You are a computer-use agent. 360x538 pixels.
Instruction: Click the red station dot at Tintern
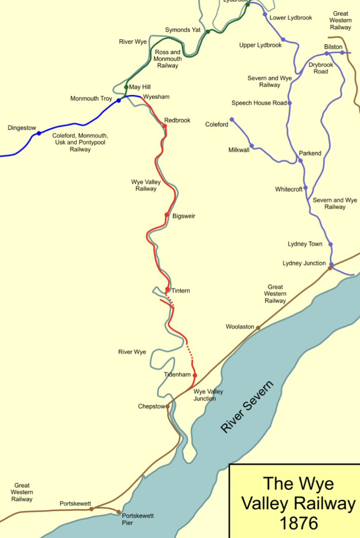(167, 289)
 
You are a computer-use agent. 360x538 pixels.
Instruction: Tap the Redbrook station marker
(165, 126)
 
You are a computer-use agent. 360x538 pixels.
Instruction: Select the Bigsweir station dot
(167, 215)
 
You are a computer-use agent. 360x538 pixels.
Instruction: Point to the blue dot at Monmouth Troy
(119, 100)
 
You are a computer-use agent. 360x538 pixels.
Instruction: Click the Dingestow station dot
(39, 133)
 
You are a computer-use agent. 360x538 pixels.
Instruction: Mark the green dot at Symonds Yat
(208, 31)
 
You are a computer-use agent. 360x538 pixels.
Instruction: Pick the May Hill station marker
(126, 87)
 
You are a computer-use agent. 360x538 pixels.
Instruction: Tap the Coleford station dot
(232, 120)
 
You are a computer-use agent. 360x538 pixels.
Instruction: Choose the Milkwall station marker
(252, 146)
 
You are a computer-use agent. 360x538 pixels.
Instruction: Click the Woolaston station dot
(258, 328)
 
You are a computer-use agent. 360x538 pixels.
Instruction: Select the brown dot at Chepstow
(168, 407)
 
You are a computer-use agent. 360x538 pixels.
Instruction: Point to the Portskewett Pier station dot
(119, 512)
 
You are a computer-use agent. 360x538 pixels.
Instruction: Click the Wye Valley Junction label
(208, 395)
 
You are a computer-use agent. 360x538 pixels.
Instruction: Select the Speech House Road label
(259, 103)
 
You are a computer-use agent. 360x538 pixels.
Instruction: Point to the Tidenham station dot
(195, 375)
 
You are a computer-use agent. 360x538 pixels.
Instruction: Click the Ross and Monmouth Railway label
(168, 59)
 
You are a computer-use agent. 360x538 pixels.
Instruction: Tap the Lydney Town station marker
(331, 244)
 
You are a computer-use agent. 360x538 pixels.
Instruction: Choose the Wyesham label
(156, 97)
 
